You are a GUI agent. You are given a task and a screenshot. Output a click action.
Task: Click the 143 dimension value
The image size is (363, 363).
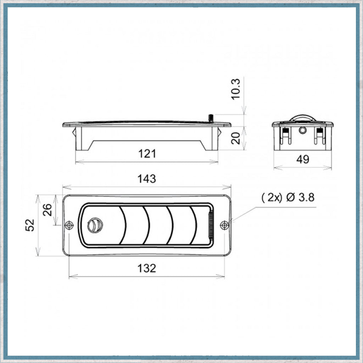tap(147, 179)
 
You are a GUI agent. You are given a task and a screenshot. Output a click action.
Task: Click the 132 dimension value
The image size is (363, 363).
tap(147, 268)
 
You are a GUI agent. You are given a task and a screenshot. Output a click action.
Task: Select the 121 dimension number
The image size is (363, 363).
tap(147, 154)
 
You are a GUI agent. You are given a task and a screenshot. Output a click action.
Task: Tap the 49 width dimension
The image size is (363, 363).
tap(302, 160)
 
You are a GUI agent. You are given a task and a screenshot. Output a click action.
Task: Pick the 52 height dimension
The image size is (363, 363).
tap(31, 225)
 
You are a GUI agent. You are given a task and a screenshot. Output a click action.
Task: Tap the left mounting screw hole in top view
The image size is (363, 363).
tap(69, 225)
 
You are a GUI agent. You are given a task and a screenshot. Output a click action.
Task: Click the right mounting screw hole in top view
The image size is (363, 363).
tap(224, 225)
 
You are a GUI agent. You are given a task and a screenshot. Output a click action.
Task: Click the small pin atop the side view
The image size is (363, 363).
tap(211, 118)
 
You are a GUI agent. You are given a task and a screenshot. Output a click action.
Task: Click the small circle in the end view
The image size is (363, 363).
tap(302, 130)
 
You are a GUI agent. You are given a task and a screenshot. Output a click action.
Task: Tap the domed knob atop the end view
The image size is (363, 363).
tap(302, 118)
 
